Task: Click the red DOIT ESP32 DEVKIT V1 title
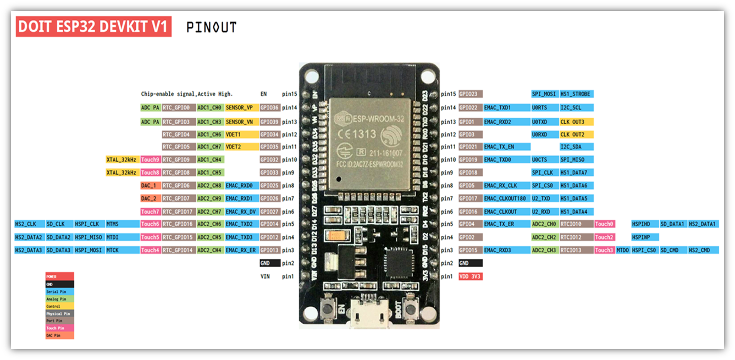pyautogui.click(x=93, y=27)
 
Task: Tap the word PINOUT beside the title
pyautogui.click(x=212, y=27)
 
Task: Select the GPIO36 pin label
pyautogui.click(x=270, y=108)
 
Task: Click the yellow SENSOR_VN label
pyautogui.click(x=239, y=121)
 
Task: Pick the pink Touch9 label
pyautogui.click(x=150, y=159)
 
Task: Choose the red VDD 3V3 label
pyautogui.click(x=471, y=276)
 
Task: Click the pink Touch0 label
pyautogui.click(x=605, y=224)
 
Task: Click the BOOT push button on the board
pyautogui.click(x=410, y=306)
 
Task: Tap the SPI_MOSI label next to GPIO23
pyautogui.click(x=544, y=94)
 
